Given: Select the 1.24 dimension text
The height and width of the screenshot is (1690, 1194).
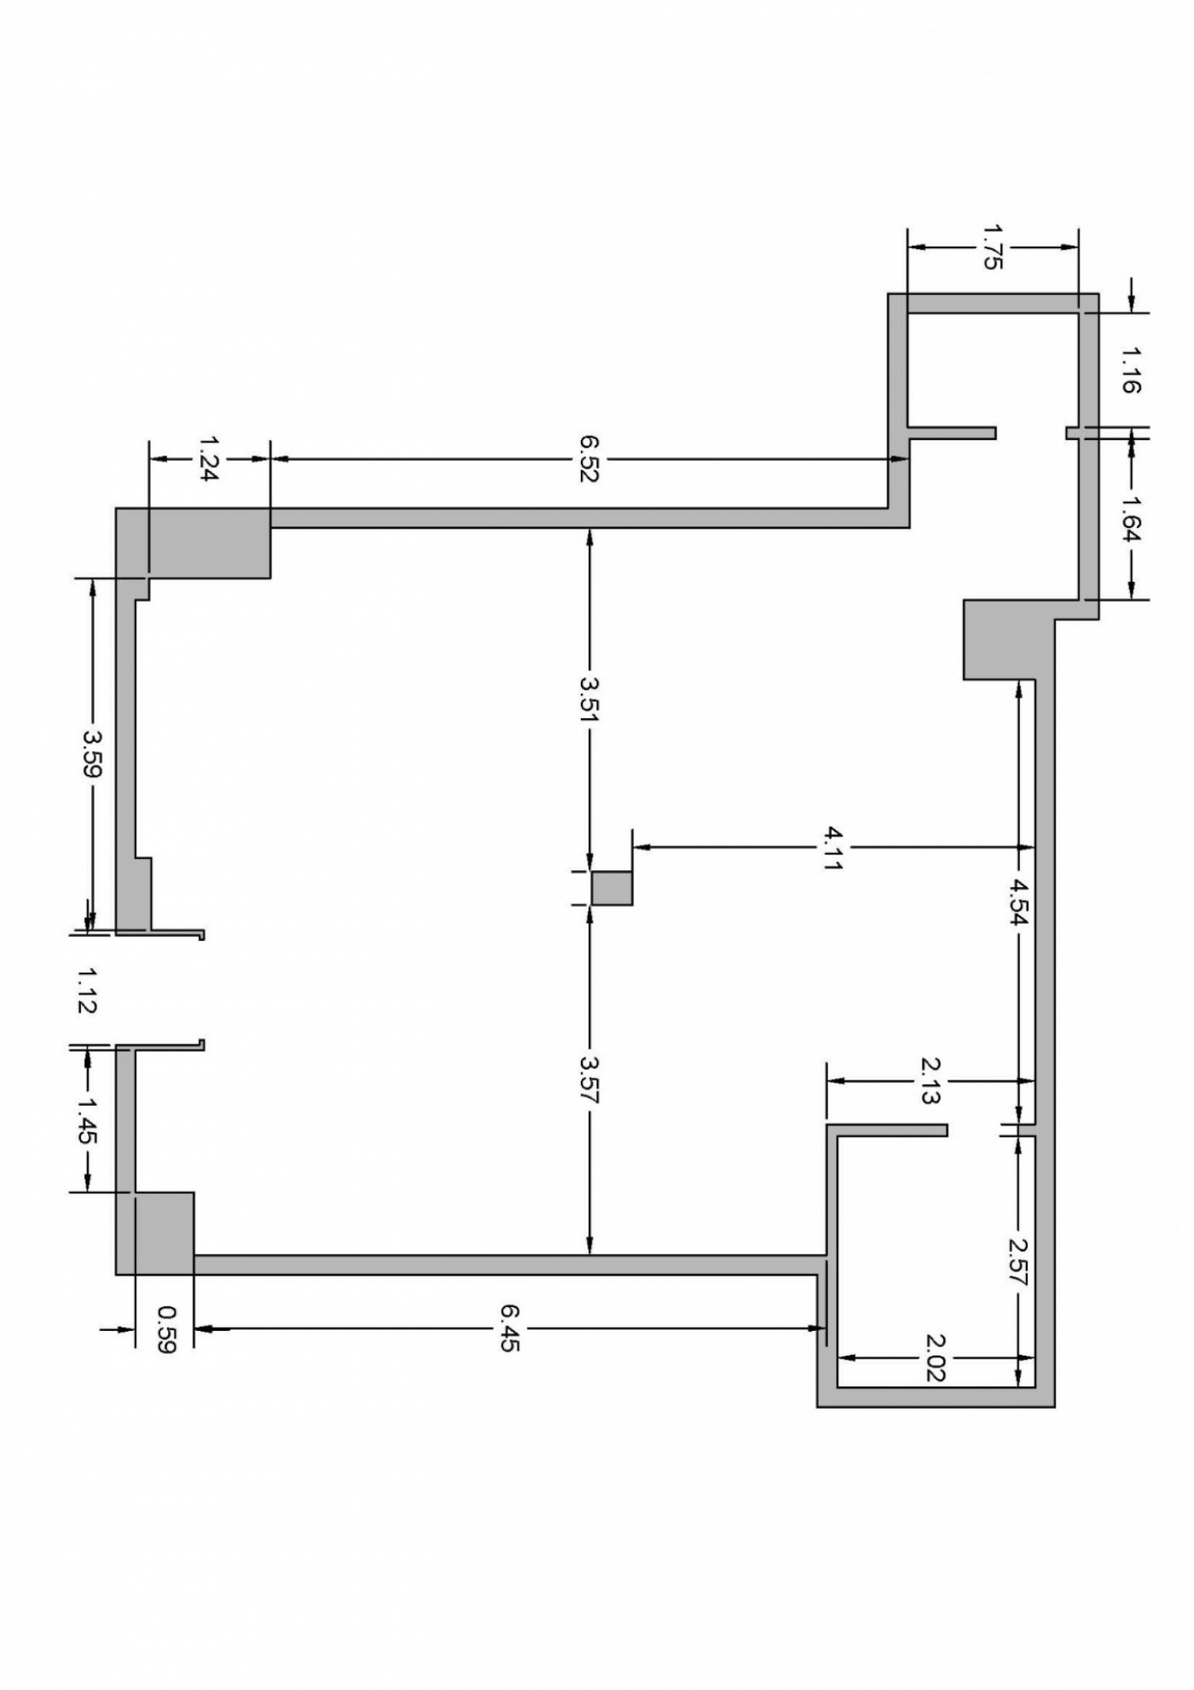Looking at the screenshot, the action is tap(210, 459).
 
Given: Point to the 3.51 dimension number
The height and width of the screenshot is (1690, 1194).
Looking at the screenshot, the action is tap(590, 698).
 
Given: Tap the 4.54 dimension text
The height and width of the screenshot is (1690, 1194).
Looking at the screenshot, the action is tap(1019, 902).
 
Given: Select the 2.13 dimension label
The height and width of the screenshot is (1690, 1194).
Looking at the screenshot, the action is tap(931, 1080).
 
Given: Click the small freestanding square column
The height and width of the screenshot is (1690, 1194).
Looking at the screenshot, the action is tap(612, 888).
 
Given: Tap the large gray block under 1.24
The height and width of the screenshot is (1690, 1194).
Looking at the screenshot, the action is tap(193, 543).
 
